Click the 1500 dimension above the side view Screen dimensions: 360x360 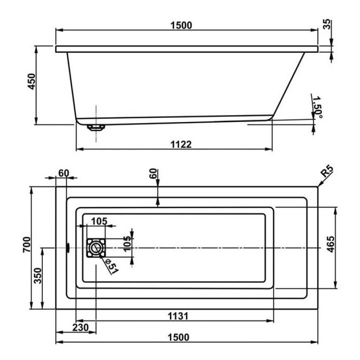pyautogui.click(x=181, y=25)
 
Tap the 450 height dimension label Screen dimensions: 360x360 pyautogui.click(x=32, y=82)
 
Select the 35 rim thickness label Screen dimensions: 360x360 pyautogui.click(x=327, y=24)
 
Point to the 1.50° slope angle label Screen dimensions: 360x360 pyautogui.click(x=318, y=107)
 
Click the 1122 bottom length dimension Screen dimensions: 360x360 pyautogui.click(x=181, y=144)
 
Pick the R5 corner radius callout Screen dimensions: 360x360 pyautogui.click(x=327, y=172)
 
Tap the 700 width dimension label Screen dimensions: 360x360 pyautogui.click(x=27, y=245)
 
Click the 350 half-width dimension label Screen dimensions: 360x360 pyautogui.click(x=38, y=276)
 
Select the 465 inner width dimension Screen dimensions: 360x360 pyautogui.click(x=330, y=244)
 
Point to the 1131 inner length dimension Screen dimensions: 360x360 pyautogui.click(x=178, y=316)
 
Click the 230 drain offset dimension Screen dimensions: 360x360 pyautogui.click(x=80, y=327)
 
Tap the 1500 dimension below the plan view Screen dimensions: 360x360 pyautogui.click(x=179, y=337)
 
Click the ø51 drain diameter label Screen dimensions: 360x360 pyautogui.click(x=112, y=266)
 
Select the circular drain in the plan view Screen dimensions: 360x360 pyautogui.click(x=96, y=248)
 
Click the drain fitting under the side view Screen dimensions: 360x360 pyautogui.click(x=96, y=127)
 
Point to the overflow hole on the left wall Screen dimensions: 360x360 pyautogui.click(x=68, y=248)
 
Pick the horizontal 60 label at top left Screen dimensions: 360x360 pyautogui.click(x=64, y=173)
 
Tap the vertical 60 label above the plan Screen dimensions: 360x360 pyautogui.click(x=153, y=174)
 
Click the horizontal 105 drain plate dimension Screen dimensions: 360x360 pyautogui.click(x=99, y=221)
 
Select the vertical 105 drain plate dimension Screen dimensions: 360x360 pyautogui.click(x=127, y=244)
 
